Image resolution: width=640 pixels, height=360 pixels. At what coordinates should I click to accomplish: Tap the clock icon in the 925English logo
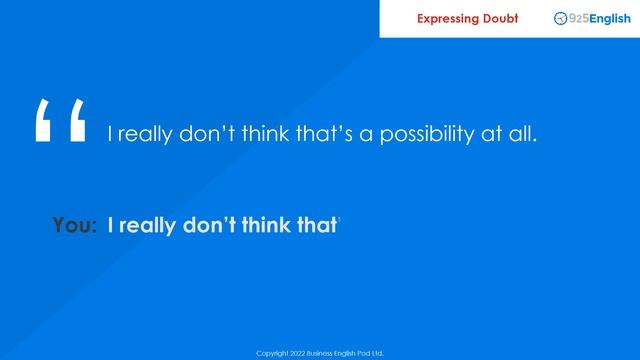tap(560, 18)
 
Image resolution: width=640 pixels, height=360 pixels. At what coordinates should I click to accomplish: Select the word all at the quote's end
tap(523, 134)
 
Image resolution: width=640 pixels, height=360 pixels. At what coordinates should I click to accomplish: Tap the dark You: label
tap(75, 226)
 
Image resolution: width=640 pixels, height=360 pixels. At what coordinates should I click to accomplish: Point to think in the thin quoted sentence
tap(268, 134)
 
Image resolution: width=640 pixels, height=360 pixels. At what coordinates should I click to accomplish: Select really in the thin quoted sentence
tap(145, 134)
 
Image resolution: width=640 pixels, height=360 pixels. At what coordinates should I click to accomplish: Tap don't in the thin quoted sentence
tap(207, 134)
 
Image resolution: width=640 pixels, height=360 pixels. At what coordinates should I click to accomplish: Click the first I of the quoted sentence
tap(110, 134)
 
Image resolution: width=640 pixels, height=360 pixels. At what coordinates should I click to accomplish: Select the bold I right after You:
tap(110, 226)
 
